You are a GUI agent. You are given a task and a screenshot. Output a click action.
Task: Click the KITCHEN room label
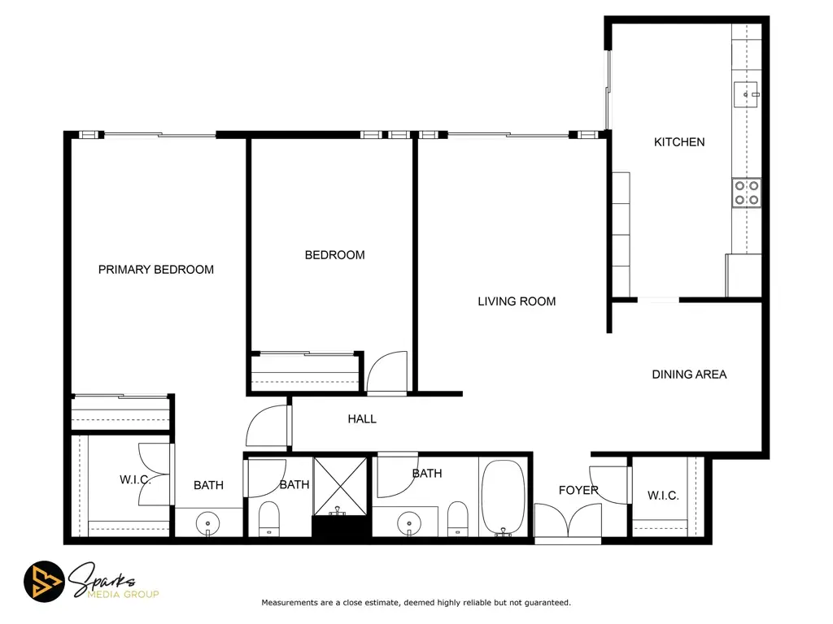tap(679, 142)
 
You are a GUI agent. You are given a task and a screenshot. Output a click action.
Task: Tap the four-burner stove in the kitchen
tap(747, 193)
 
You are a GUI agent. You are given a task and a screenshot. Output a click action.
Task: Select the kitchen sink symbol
tap(747, 94)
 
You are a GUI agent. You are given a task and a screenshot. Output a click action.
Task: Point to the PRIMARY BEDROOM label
tap(155, 270)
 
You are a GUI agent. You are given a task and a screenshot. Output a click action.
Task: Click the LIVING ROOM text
tap(517, 301)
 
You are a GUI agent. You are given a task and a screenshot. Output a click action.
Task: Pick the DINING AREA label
tap(689, 375)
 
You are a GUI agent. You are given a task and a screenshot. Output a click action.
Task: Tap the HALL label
tap(362, 419)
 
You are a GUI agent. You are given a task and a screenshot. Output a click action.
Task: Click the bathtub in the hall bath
tap(503, 498)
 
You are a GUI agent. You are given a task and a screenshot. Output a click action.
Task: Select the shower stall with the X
tap(340, 487)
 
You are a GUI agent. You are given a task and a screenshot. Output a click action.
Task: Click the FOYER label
tap(578, 490)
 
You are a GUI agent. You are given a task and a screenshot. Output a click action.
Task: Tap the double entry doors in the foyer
tap(567, 521)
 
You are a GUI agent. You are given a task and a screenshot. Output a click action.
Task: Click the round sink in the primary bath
tap(207, 524)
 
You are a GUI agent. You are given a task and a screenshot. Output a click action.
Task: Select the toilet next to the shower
tap(268, 519)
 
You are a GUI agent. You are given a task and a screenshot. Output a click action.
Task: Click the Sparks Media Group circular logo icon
tap(44, 582)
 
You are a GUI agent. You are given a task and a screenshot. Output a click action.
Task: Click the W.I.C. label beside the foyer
tap(663, 496)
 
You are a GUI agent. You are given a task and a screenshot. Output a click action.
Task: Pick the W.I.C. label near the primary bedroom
tap(135, 479)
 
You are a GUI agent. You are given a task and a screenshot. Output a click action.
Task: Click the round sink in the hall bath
tap(409, 524)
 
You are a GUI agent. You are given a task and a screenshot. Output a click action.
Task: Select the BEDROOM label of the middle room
tap(334, 255)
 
